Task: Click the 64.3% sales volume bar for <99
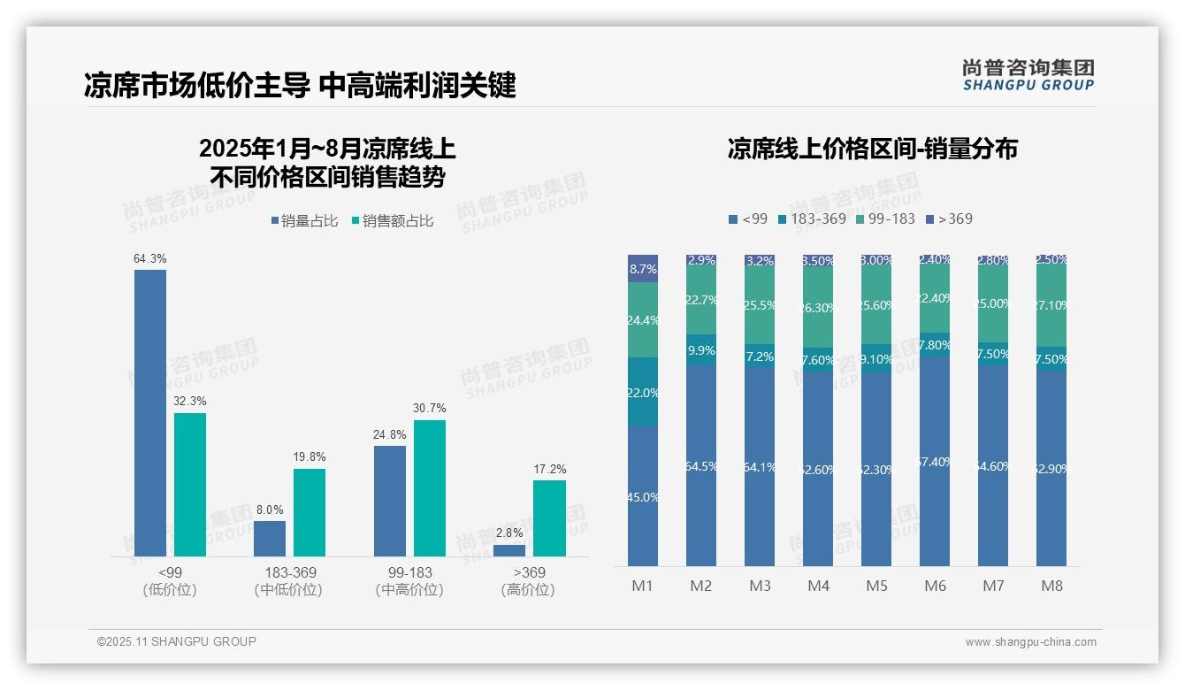(x=150, y=413)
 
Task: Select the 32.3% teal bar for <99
(x=190, y=485)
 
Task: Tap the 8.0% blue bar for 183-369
(x=270, y=539)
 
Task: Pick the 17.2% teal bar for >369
(x=549, y=518)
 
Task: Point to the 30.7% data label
(x=429, y=409)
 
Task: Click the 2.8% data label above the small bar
(x=509, y=533)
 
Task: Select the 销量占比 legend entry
(x=304, y=221)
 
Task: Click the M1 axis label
(x=642, y=586)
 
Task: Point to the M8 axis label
(x=1051, y=586)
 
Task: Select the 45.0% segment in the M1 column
(x=643, y=496)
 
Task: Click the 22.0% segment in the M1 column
(x=643, y=392)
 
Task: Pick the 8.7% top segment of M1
(x=643, y=268)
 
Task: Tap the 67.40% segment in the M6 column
(x=935, y=462)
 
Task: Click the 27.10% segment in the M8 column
(x=1051, y=305)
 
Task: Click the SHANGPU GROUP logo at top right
(x=1028, y=75)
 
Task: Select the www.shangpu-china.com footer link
(x=1030, y=642)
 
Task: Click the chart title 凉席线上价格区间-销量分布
(x=872, y=149)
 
